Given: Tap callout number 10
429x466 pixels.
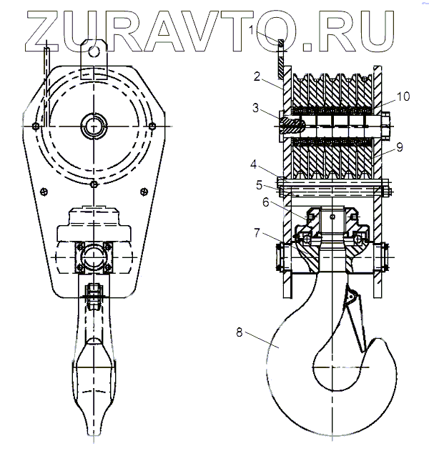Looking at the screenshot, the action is click(402, 96).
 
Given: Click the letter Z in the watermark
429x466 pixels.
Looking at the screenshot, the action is click(42, 30).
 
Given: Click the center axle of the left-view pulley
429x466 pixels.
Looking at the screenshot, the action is click(94, 127).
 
